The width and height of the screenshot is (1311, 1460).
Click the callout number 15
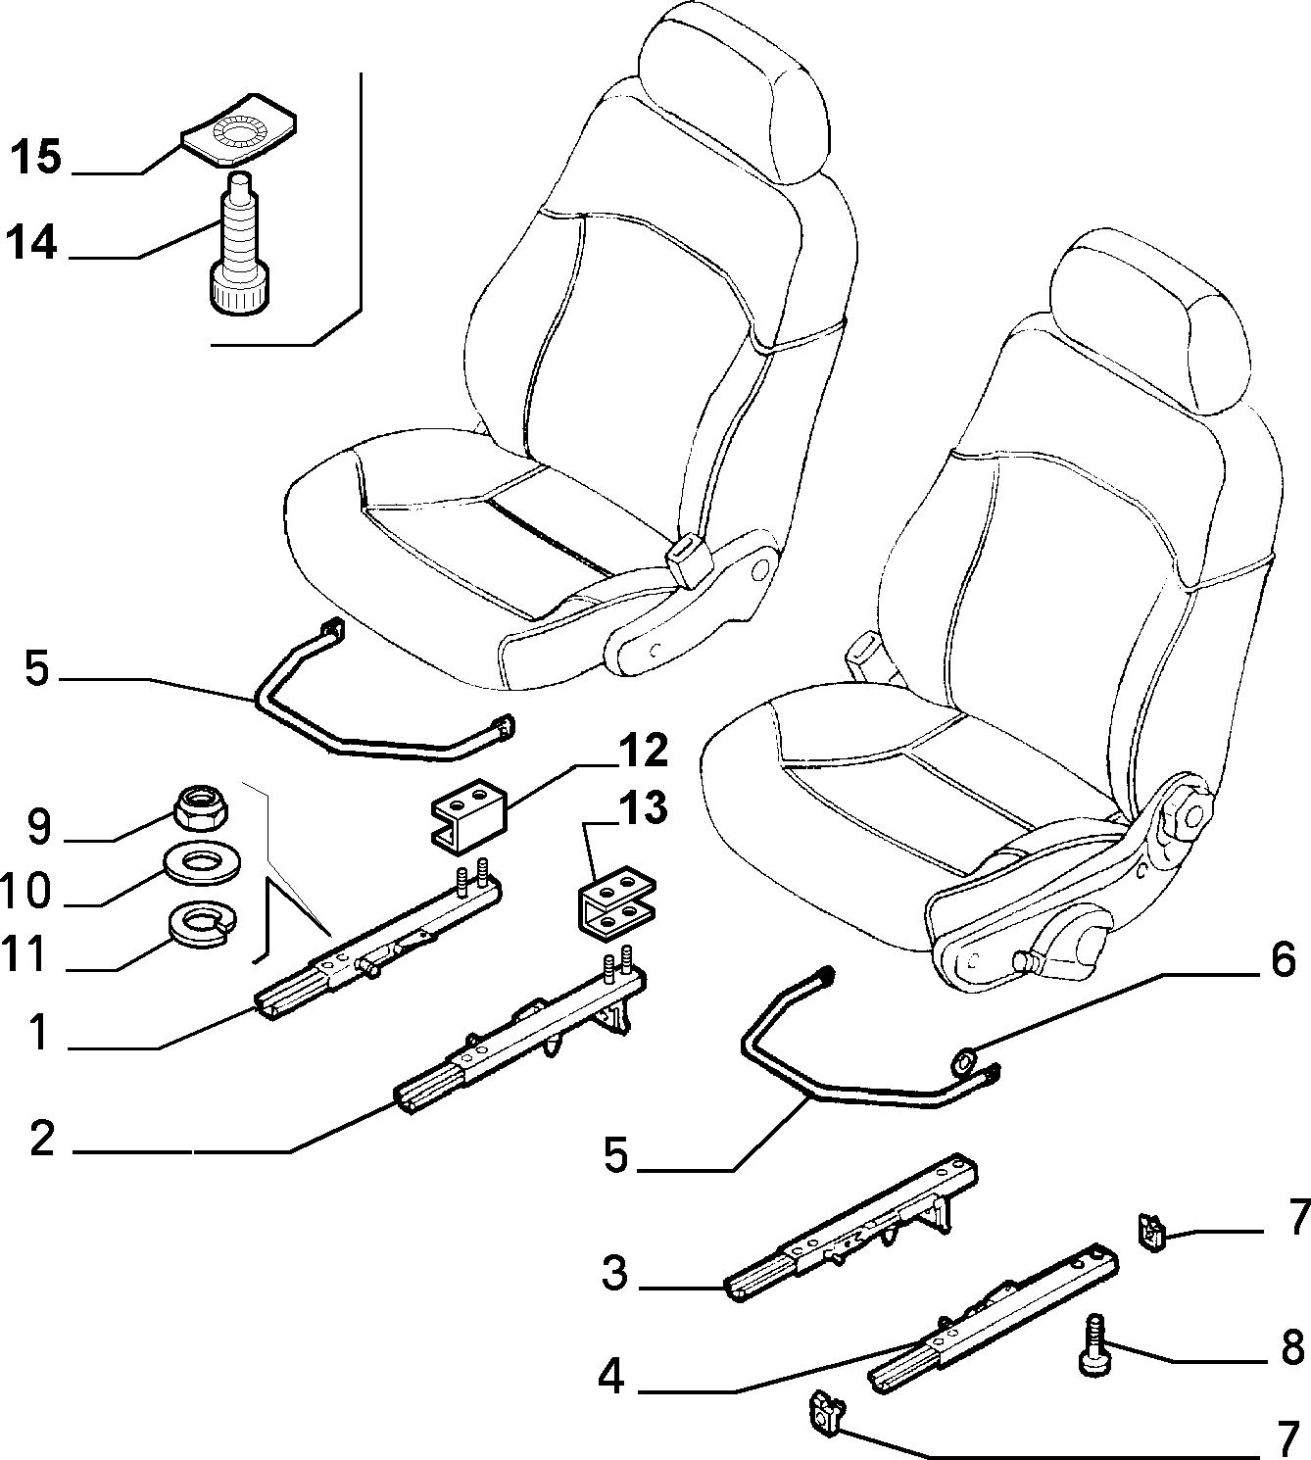[35, 158]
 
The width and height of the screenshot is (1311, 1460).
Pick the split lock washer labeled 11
[202, 924]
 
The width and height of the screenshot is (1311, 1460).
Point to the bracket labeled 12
[467, 815]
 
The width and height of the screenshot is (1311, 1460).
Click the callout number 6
[1283, 961]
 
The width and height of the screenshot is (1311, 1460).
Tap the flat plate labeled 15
[238, 129]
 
